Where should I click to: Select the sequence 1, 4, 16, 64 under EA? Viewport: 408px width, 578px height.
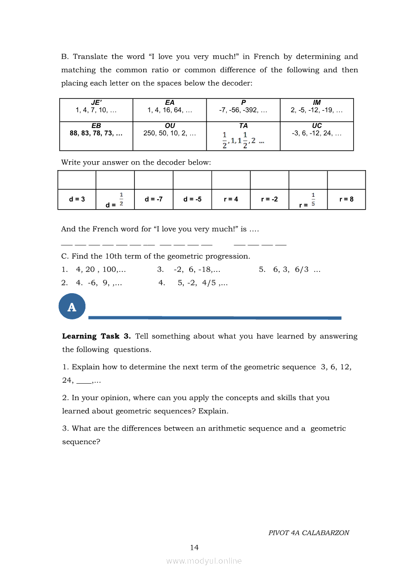(x=169, y=110)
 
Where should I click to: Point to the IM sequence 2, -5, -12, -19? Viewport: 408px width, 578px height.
(x=317, y=110)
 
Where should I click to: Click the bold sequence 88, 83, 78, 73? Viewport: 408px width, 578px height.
(x=96, y=133)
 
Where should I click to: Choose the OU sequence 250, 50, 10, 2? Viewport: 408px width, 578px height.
(x=169, y=133)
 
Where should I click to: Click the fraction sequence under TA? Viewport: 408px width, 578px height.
(x=243, y=140)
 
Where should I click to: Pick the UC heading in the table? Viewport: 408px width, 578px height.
(x=317, y=126)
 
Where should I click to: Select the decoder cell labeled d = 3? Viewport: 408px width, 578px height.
(x=77, y=199)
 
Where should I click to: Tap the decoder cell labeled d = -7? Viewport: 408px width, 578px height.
(x=154, y=199)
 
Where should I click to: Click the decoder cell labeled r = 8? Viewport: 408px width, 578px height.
(x=346, y=199)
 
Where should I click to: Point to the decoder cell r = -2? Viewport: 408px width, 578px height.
(x=269, y=199)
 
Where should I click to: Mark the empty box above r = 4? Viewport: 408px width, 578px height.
(x=231, y=180)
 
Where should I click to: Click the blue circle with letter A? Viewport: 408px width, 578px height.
(x=72, y=307)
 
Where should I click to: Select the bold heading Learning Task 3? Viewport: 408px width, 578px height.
(x=96, y=336)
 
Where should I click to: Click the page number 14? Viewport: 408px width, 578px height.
(x=194, y=547)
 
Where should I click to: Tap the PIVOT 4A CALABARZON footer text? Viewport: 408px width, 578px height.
(x=309, y=533)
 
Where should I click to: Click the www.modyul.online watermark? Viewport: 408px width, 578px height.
(x=204, y=561)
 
